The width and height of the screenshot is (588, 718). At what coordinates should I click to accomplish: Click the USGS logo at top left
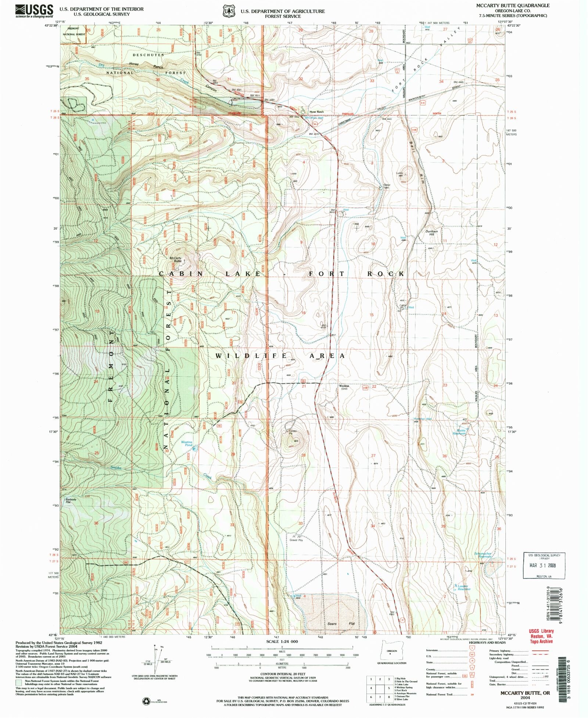[x=34, y=11]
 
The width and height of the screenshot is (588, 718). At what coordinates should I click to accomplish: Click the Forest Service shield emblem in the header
[x=229, y=11]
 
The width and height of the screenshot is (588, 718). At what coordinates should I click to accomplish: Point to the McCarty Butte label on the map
[x=175, y=259]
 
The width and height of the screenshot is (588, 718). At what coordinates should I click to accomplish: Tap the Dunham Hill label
[x=432, y=233]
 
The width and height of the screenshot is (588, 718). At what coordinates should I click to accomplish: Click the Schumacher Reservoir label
[x=483, y=555]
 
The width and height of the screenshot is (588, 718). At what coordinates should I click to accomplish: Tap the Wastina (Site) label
[x=344, y=387]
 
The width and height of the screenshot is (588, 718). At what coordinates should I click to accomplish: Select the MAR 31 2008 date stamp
[x=544, y=566]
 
